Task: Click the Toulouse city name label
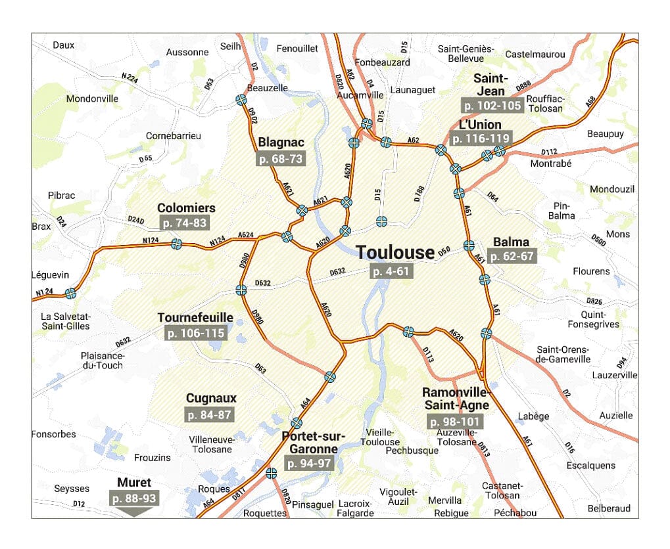pos(395,252)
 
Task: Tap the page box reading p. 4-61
pos(391,271)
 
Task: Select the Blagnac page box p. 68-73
pos(281,158)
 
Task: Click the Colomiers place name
pos(186,208)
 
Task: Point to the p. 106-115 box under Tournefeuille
pos(195,333)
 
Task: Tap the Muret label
pos(134,483)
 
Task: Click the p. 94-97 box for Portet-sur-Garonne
pos(309,463)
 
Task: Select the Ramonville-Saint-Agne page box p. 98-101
pos(454,422)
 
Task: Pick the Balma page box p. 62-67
pos(512,256)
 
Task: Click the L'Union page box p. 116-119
pos(481,139)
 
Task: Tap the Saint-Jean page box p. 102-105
pos(492,105)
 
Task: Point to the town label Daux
pos(64,45)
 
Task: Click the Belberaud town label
pos(609,508)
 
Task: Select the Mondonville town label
pos(92,99)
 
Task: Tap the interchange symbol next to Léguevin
pos(70,294)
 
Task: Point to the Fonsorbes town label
pos(54,434)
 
